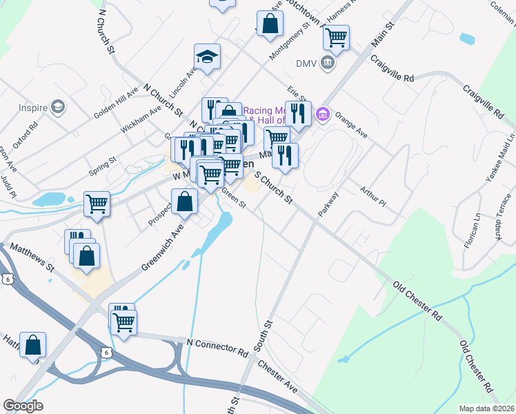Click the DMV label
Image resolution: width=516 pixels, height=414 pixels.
pos(306,63)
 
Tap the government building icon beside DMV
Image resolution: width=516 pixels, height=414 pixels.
pos(328,63)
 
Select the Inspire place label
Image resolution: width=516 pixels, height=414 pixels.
pos(32,108)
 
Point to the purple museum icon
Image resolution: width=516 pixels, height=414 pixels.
pos(322,113)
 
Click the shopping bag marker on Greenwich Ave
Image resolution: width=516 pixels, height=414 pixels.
pos(185,201)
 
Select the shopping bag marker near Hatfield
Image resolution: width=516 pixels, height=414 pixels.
pos(32,344)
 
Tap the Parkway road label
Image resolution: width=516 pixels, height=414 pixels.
pos(329,204)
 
